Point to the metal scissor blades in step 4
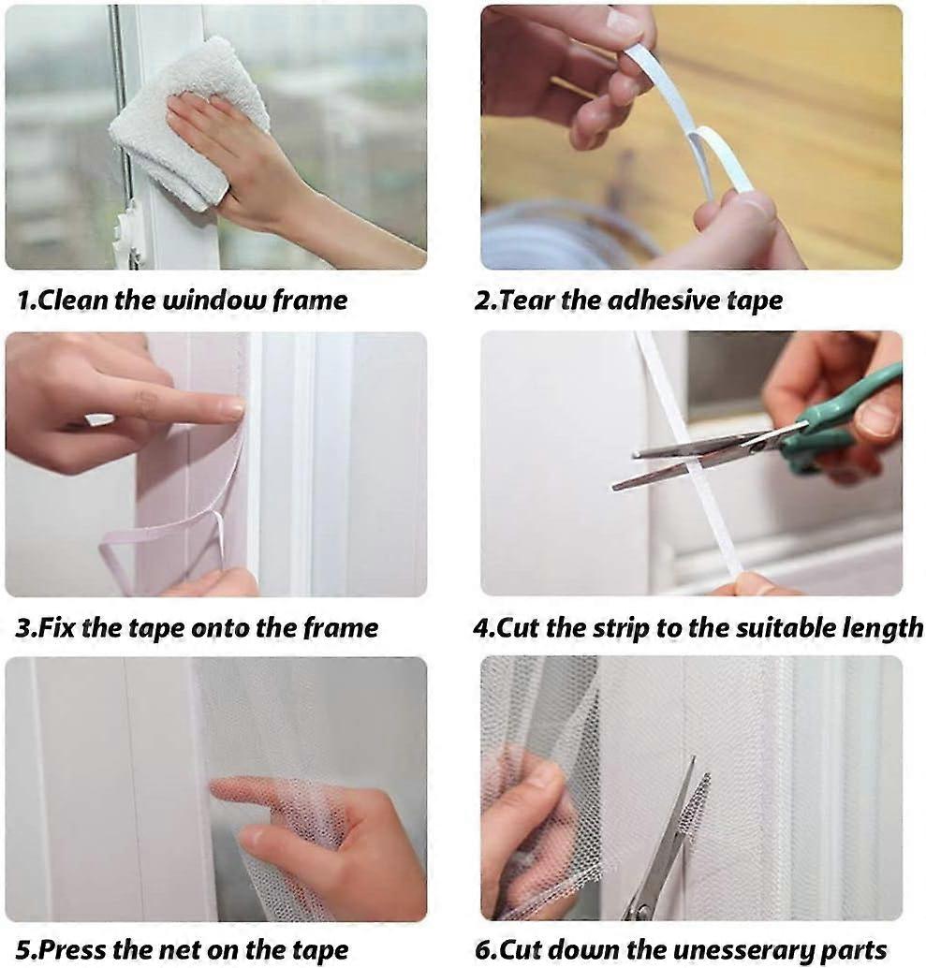pos(693,459)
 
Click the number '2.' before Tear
pos(484,301)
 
